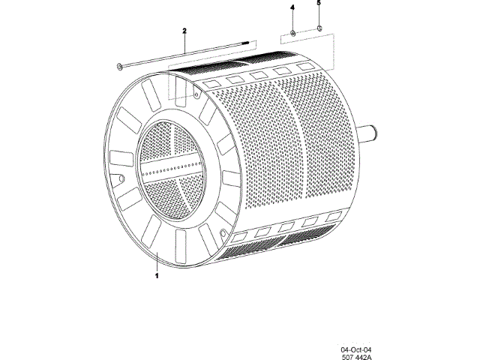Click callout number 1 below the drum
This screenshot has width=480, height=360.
[x=157, y=276]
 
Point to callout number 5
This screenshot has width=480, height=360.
[x=318, y=4]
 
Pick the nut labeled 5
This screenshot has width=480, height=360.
[x=319, y=30]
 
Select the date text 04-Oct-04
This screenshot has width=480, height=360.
[x=356, y=349]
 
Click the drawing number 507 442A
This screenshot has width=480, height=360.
[x=357, y=358]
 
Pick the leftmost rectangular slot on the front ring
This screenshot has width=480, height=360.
[x=118, y=158]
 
